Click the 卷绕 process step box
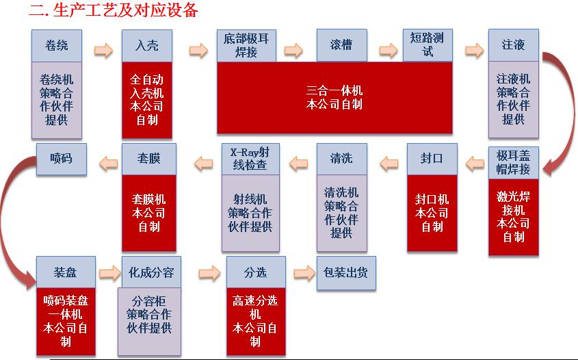click(x=57, y=46)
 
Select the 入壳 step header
click(x=146, y=46)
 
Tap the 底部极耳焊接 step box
click(x=246, y=45)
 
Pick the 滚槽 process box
click(x=341, y=46)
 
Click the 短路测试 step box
click(x=428, y=45)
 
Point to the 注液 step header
click(x=513, y=46)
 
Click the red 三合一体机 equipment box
click(x=334, y=97)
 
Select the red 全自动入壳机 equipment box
click(x=146, y=100)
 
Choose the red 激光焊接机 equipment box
click(x=514, y=216)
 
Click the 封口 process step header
click(x=432, y=159)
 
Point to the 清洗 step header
click(x=341, y=159)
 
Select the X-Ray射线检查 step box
click(x=250, y=159)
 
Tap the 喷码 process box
click(x=61, y=159)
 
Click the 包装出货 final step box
click(x=345, y=273)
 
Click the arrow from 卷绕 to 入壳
click(x=103, y=49)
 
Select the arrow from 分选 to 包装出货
click(x=303, y=272)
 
